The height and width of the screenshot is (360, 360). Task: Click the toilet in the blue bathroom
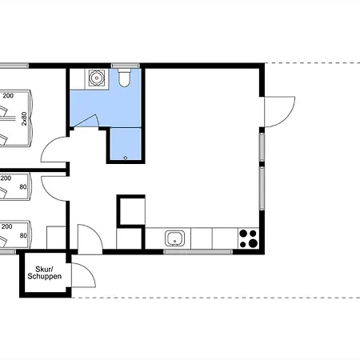click(x=124, y=78)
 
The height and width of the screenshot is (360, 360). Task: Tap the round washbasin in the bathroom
click(x=97, y=78)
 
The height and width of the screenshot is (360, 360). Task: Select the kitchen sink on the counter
click(x=174, y=238)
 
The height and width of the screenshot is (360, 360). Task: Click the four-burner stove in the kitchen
click(x=248, y=238)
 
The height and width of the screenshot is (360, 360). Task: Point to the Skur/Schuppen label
click(x=45, y=273)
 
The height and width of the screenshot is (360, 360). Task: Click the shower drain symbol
click(x=126, y=158)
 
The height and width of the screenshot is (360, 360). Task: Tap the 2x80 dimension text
click(x=24, y=118)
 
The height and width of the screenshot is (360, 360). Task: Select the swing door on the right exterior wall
click(x=279, y=112)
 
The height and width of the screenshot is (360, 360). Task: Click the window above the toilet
click(x=126, y=66)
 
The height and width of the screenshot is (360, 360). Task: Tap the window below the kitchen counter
click(x=198, y=252)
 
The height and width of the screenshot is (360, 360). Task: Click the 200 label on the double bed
click(x=8, y=96)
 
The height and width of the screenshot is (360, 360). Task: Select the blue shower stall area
click(x=126, y=144)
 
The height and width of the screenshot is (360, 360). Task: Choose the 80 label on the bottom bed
click(x=23, y=236)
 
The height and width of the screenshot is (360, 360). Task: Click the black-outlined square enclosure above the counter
click(x=131, y=211)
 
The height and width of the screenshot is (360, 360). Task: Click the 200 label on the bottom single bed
click(x=6, y=226)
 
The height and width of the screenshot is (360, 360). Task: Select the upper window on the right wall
click(x=262, y=146)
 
